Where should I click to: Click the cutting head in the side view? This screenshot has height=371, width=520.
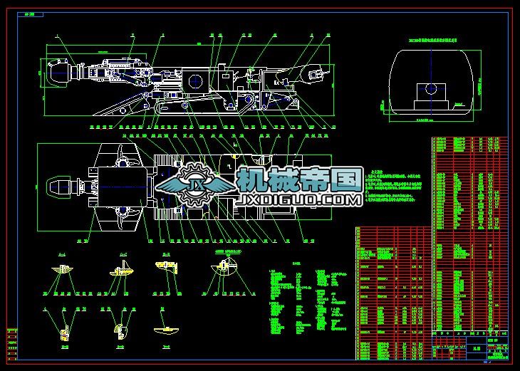pos(59,73)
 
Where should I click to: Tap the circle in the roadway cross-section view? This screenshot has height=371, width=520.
pos(430,89)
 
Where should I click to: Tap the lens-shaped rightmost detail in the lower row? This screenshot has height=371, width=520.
pos(167,330)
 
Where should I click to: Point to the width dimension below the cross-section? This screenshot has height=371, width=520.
pos(430,122)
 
